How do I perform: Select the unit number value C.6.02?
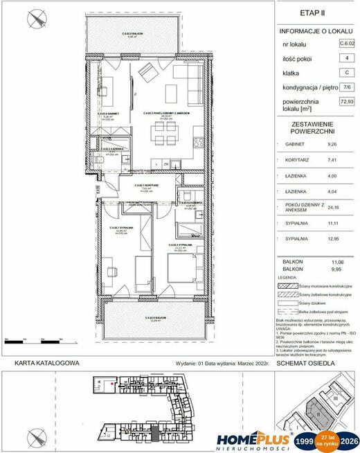[344, 43]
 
